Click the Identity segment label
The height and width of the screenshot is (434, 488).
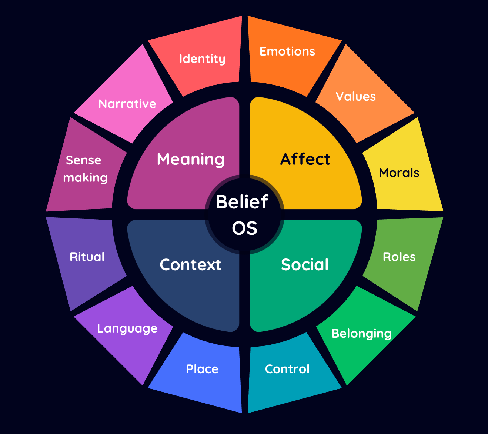202,59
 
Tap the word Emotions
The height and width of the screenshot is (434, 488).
287,51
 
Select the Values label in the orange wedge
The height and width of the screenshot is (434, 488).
355,97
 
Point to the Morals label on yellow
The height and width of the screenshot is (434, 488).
399,173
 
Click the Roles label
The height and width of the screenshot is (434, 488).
399,257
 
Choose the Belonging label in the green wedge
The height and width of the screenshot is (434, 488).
361,334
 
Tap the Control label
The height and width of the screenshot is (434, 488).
287,369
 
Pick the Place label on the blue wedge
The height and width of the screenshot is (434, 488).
202,369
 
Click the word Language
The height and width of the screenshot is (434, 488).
127,328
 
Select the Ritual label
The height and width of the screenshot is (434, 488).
87,257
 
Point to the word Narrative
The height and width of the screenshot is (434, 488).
127,104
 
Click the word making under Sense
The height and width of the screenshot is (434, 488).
85,178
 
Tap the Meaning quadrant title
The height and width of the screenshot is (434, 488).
191,159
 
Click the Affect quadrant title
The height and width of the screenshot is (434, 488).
305,159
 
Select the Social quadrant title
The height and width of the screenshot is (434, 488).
305,264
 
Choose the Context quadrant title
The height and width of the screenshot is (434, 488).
190,264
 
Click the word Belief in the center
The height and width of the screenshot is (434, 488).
242,202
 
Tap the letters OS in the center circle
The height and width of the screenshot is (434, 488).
244,228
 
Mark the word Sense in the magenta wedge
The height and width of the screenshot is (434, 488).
83,160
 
